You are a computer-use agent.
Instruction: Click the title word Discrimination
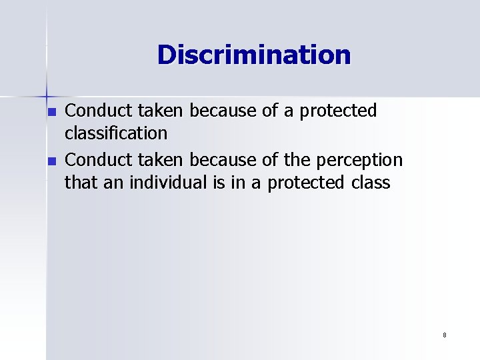pos(253,55)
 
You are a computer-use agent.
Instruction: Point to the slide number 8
pos(444,335)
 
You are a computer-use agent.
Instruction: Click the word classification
pos(115,133)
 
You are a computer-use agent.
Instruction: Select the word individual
pos(163,182)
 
